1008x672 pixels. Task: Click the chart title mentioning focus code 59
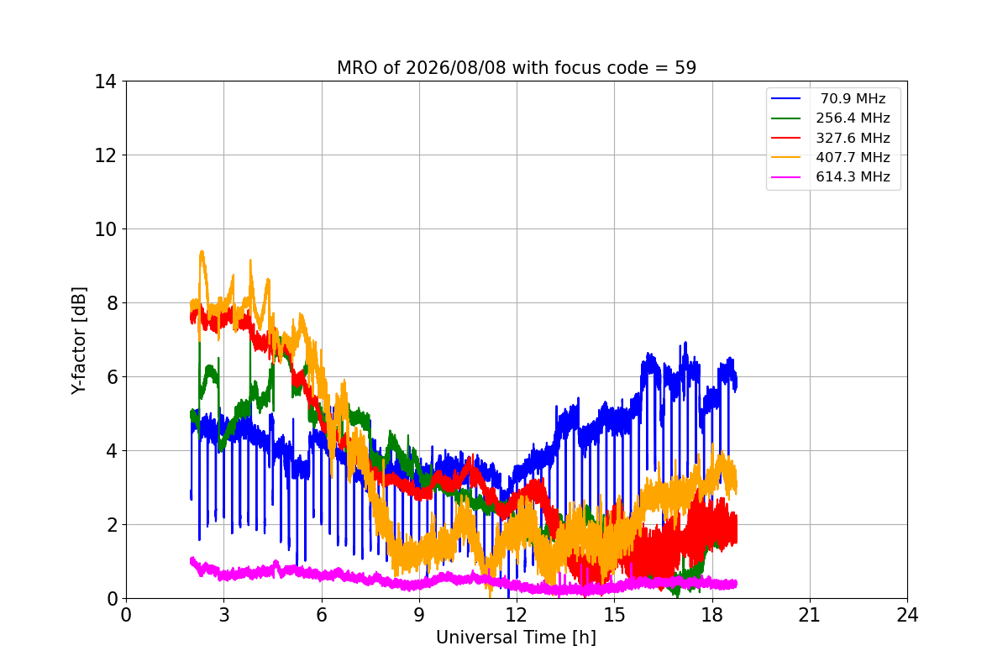[517, 68]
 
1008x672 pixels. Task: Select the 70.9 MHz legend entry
[853, 98]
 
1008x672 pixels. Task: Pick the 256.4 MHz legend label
[853, 118]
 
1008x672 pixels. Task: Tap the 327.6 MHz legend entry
[853, 138]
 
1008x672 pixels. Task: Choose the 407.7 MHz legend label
[853, 157]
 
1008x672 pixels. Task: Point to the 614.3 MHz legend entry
[853, 177]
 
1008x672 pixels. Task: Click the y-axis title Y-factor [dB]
[78, 341]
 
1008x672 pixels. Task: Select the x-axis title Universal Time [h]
[516, 638]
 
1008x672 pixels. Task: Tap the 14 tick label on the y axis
[105, 82]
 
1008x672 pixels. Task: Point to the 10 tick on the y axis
[105, 229]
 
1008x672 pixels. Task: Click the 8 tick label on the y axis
[112, 303]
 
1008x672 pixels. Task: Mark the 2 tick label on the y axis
[112, 525]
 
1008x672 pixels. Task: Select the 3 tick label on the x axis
[224, 615]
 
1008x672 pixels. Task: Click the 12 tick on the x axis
[517, 615]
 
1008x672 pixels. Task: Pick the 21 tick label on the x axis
[810, 615]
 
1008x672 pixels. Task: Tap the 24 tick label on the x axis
[907, 615]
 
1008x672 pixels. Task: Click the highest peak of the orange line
[202, 251]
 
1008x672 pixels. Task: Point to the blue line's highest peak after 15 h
[685, 342]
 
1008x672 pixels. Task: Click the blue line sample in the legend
[785, 98]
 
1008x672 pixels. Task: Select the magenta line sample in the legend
[785, 177]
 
